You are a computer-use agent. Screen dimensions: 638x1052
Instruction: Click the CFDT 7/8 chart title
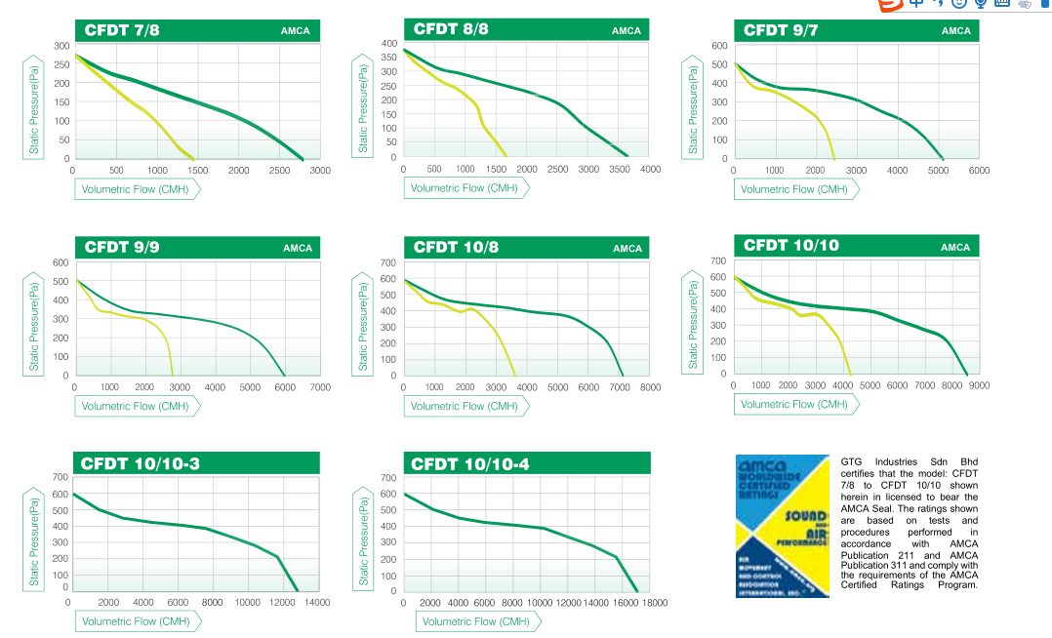(x=122, y=30)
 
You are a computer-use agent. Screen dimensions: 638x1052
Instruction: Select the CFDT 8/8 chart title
(x=451, y=29)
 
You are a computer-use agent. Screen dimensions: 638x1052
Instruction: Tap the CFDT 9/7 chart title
(x=781, y=30)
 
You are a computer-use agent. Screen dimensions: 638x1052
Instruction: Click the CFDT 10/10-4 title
(x=470, y=463)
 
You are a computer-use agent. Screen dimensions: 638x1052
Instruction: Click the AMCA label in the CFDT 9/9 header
(x=298, y=248)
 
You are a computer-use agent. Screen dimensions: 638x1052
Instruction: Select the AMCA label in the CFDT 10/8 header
(x=627, y=248)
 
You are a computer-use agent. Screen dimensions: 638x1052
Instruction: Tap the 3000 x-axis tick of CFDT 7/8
(x=319, y=171)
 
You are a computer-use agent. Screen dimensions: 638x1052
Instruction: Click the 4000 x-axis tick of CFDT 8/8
(x=650, y=170)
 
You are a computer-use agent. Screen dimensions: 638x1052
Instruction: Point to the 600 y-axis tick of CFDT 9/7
(x=719, y=46)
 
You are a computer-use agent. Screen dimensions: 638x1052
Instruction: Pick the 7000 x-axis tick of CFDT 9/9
(x=319, y=387)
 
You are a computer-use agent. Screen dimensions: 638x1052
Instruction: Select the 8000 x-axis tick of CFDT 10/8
(x=650, y=387)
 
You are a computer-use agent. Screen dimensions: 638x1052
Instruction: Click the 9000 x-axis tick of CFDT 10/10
(x=979, y=385)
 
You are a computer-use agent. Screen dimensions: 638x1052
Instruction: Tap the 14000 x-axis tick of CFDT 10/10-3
(x=317, y=603)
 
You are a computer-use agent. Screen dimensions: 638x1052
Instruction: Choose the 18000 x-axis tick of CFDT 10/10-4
(x=653, y=603)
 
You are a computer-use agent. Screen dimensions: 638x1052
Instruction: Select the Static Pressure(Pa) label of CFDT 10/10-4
(x=363, y=535)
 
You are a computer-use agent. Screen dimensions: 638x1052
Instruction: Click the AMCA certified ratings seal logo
(x=782, y=526)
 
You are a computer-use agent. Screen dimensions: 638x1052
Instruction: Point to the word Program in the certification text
(x=956, y=585)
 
